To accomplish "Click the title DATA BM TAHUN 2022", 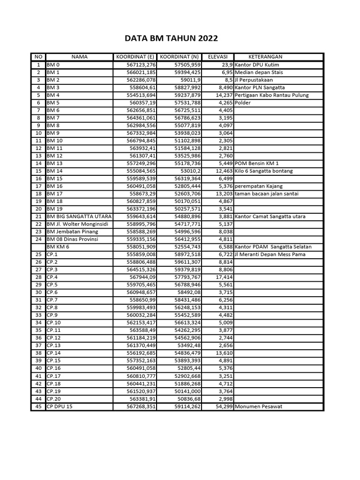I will pos(171,38).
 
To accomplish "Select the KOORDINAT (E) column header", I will pos(135,57).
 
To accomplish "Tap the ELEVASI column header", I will pos(217,57).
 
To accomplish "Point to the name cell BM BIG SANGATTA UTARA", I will pos(78,216).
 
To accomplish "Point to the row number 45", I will pos(38,406).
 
